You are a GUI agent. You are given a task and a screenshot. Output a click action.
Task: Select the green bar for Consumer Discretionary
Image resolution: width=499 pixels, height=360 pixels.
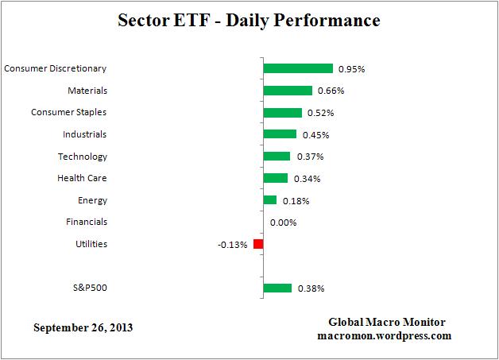point(297,68)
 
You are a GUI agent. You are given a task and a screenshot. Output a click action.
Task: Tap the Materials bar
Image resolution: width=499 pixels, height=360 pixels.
point(287,91)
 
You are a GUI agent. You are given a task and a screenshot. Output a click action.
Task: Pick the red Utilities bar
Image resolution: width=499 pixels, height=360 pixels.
point(258,244)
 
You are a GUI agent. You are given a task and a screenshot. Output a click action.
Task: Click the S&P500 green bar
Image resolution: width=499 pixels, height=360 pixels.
point(277,288)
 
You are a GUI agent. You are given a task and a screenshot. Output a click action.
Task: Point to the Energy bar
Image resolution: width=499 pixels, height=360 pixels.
point(269,200)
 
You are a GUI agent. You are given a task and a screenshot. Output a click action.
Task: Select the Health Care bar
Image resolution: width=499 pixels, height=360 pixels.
point(275,178)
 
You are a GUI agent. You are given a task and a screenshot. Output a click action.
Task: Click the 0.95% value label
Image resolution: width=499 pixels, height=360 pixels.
point(351,69)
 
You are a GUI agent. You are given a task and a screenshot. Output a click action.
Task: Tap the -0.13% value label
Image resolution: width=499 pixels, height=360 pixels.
point(232,245)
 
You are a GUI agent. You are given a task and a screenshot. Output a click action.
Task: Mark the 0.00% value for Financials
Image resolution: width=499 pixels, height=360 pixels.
point(283,223)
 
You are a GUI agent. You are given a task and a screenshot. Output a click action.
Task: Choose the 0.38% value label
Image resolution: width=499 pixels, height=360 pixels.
point(311,288)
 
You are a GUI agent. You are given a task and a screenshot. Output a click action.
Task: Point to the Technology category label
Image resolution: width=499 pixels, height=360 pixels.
point(83,157)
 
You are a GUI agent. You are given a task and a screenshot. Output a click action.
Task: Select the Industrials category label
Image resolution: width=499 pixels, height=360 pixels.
point(84,134)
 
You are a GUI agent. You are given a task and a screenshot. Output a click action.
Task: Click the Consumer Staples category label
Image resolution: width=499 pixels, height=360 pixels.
point(68,112)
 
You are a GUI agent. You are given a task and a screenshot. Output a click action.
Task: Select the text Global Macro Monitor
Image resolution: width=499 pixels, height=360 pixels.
point(387,322)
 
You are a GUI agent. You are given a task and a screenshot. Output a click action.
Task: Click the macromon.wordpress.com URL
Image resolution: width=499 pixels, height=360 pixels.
point(387,335)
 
